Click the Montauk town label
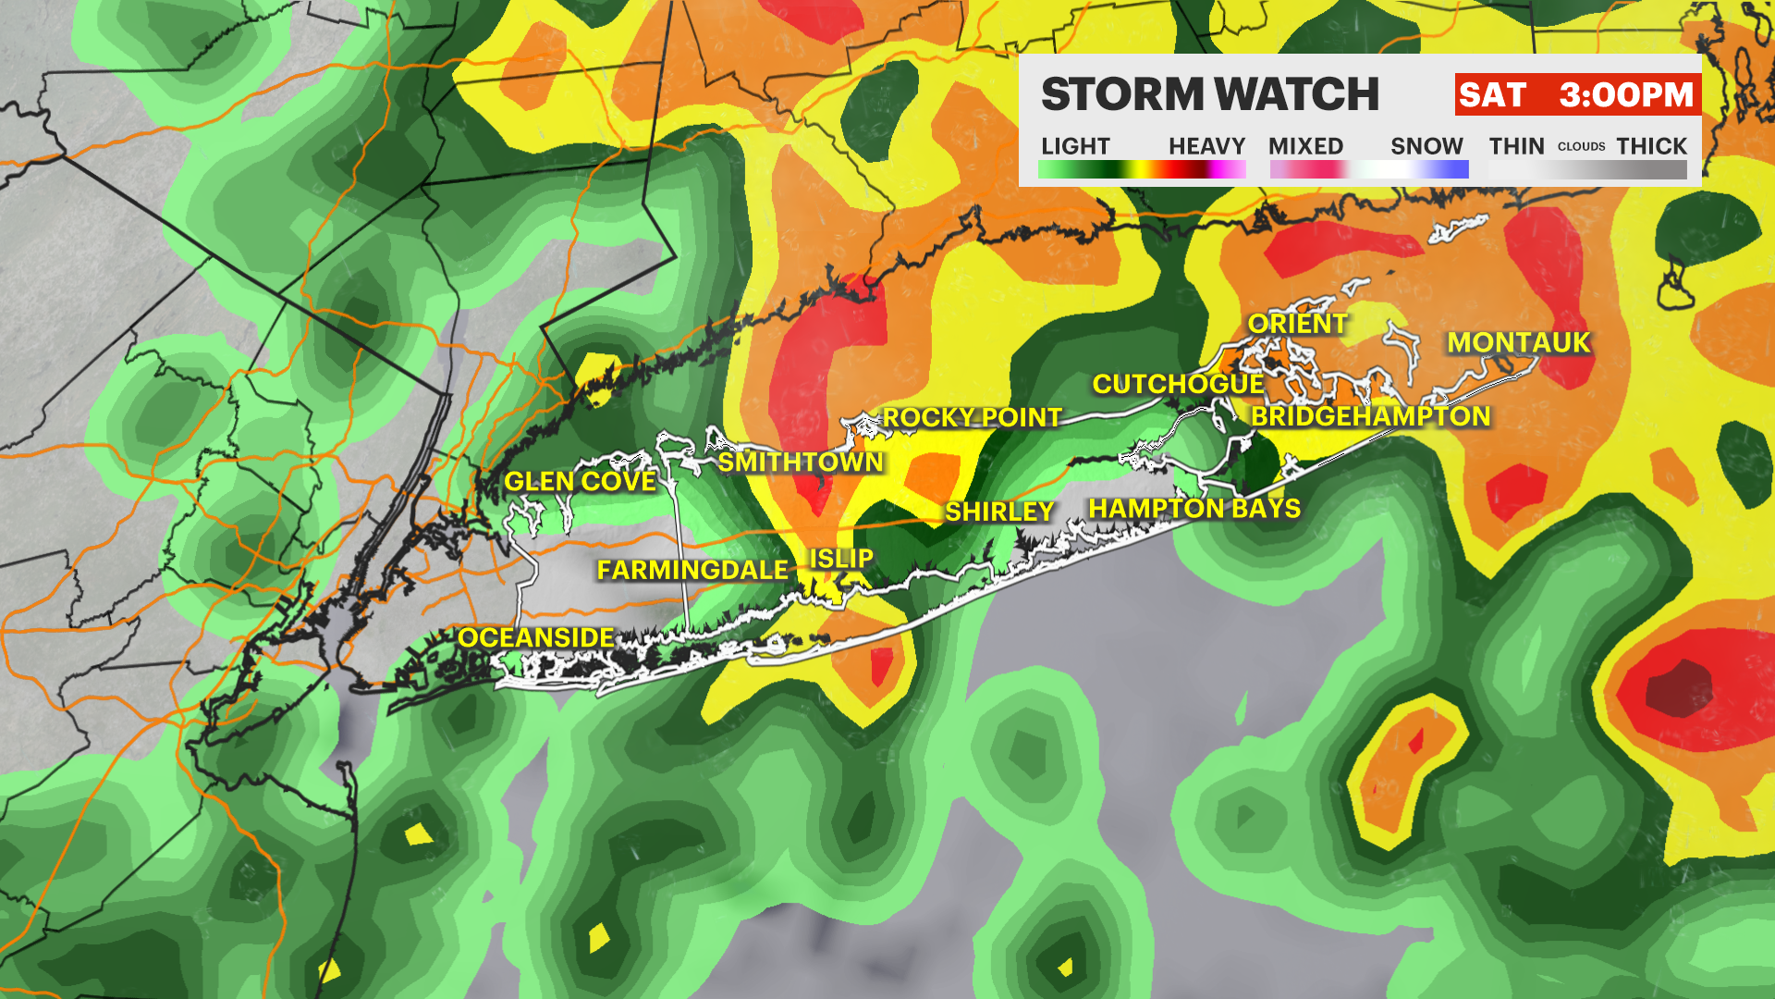pyautogui.click(x=1518, y=342)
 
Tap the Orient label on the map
pyautogui.click(x=1297, y=324)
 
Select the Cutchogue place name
pyautogui.click(x=1178, y=384)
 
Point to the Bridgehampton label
pyautogui.click(x=1370, y=416)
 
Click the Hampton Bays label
pyautogui.click(x=1194, y=509)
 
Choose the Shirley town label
pyautogui.click(x=999, y=512)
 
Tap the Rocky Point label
pyautogui.click(x=972, y=418)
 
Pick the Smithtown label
pyautogui.click(x=801, y=462)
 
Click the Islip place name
pyautogui.click(x=841, y=559)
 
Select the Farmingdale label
pyautogui.click(x=692, y=570)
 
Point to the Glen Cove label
pyautogui.click(x=580, y=481)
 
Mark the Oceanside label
pyautogui.click(x=536, y=637)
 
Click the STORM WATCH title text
pyautogui.click(x=1209, y=94)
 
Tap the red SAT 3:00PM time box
pyautogui.click(x=1577, y=94)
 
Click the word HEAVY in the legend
pyautogui.click(x=1206, y=146)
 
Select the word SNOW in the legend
pyautogui.click(x=1426, y=146)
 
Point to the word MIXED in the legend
pyautogui.click(x=1305, y=146)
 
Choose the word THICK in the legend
pyautogui.click(x=1651, y=146)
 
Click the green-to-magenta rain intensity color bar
pyautogui.click(x=1142, y=169)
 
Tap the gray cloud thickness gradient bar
pyautogui.click(x=1587, y=169)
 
